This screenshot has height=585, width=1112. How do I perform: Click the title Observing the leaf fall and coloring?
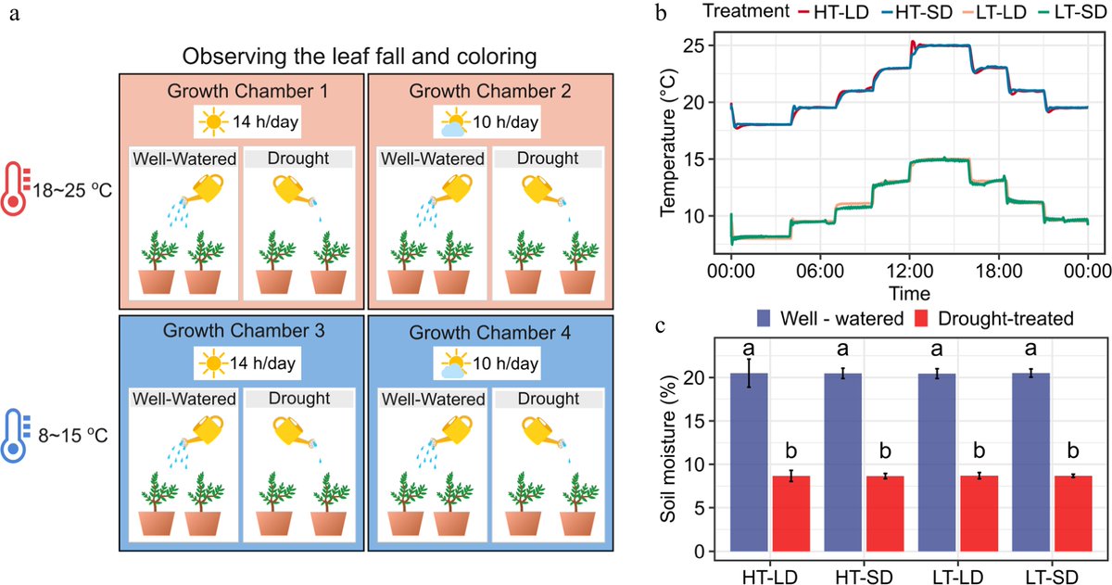[360, 57]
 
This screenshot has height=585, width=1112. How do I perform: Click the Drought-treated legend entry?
[996, 319]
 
